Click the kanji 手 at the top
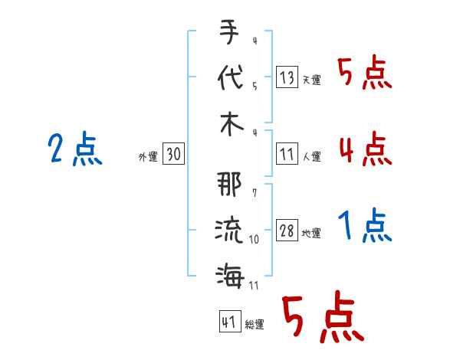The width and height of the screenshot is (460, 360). (x=229, y=32)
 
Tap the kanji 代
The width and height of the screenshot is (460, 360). (x=231, y=77)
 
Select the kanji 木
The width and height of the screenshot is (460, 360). (x=232, y=124)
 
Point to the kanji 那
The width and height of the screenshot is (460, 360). (x=229, y=184)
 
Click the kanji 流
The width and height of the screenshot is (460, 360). (x=228, y=230)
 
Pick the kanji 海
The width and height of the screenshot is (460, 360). (x=230, y=276)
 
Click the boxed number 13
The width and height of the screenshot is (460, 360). (x=287, y=77)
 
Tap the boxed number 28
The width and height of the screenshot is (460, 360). (x=287, y=230)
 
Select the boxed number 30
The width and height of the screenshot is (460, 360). (x=173, y=153)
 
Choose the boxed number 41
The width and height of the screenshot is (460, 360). (x=230, y=321)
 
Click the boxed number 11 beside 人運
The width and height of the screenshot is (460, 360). (x=287, y=153)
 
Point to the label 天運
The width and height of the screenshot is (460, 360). (x=312, y=80)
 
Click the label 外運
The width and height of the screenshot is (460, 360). (x=148, y=156)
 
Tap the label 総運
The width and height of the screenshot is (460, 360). (x=255, y=324)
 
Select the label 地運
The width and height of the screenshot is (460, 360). (x=311, y=233)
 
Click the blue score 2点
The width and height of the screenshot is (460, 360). (x=75, y=149)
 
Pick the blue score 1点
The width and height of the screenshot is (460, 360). (x=365, y=225)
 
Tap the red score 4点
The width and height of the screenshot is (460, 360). (x=366, y=149)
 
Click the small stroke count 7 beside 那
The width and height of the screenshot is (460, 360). (x=255, y=193)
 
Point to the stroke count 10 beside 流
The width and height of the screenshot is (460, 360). (x=254, y=239)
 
